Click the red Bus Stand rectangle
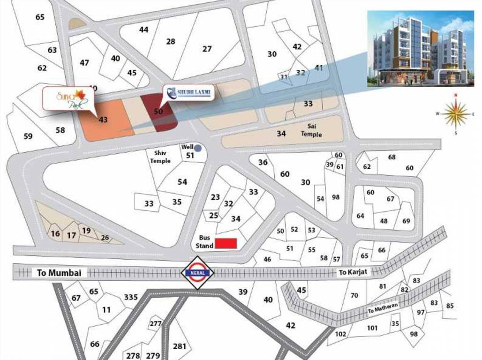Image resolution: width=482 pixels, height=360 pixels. coord(226,243)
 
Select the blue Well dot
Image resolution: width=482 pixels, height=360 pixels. coord(198,148)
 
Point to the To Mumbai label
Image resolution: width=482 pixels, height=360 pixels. coord(59,273)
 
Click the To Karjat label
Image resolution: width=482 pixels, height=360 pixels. coord(351,272)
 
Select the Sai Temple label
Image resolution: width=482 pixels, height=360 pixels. coord(311,131)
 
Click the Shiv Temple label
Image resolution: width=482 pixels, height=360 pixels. coord(160,157)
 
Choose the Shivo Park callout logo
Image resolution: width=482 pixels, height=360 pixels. coord(68,98)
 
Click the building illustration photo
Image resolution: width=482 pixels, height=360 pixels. coord(420,48)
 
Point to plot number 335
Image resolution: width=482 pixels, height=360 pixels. coord(131,297)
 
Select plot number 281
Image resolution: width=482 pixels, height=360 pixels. coord(180,346)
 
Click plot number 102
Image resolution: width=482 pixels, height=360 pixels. coord(341,334)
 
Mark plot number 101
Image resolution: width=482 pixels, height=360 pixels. coord(372,328)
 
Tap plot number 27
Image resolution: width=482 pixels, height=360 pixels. coord(207,49)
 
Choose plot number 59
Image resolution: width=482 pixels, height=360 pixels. coord(28,136)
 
